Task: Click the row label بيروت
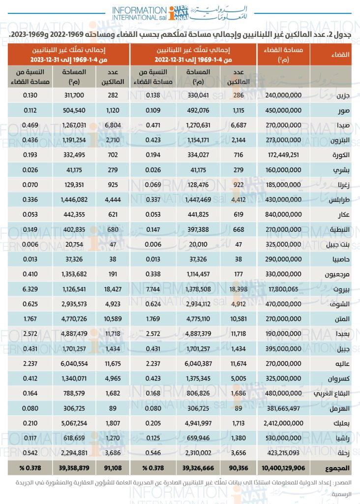341,289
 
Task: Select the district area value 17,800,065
284,289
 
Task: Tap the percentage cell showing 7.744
153,289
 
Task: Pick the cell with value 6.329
30,289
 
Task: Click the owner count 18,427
113,289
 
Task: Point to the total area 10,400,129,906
283,468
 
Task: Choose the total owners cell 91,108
113,468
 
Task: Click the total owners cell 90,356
239,468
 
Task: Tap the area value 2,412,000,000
284,423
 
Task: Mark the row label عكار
343,215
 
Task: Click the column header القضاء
340,54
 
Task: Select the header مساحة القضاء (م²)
284,54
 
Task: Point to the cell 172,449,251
284,155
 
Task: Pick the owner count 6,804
113,125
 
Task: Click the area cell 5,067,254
74,423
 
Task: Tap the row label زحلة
343,453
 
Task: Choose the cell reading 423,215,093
284,453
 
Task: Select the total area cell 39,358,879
74,468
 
